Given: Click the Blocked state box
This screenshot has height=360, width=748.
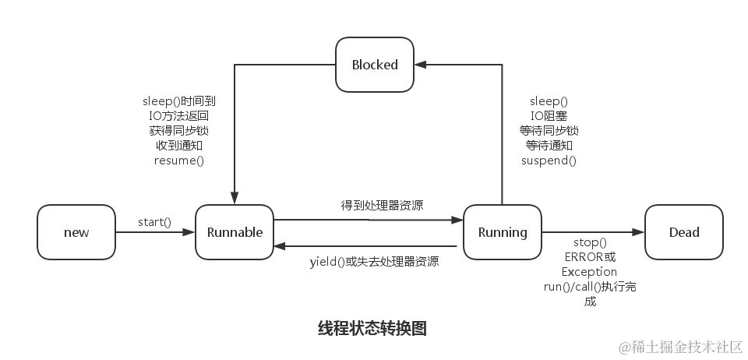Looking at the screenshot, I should click(x=374, y=65).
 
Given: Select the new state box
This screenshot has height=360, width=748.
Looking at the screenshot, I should click(x=76, y=232).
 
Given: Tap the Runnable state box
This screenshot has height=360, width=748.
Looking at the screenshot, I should click(x=235, y=232).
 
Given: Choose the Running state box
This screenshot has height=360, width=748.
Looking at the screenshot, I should click(x=503, y=232).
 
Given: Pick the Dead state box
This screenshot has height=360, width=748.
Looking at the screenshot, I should click(x=684, y=232).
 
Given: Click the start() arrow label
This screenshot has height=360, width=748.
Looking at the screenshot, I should click(x=154, y=222).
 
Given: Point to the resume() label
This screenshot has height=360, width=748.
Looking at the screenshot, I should click(x=178, y=161).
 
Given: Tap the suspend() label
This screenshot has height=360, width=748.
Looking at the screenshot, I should click(x=549, y=161).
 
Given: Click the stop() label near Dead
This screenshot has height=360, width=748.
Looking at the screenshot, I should click(x=590, y=242).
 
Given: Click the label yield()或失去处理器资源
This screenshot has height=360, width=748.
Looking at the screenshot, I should click(x=374, y=262).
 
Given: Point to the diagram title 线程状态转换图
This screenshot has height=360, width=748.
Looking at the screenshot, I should click(x=372, y=328).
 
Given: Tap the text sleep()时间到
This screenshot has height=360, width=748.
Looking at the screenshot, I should click(x=178, y=101).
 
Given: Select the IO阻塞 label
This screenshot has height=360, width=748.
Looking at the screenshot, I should click(x=549, y=116).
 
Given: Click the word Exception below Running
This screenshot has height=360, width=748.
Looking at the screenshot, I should click(x=589, y=272).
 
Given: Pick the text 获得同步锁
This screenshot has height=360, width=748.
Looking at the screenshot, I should click(x=178, y=131).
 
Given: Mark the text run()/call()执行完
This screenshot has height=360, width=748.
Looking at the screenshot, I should click(x=590, y=287).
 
